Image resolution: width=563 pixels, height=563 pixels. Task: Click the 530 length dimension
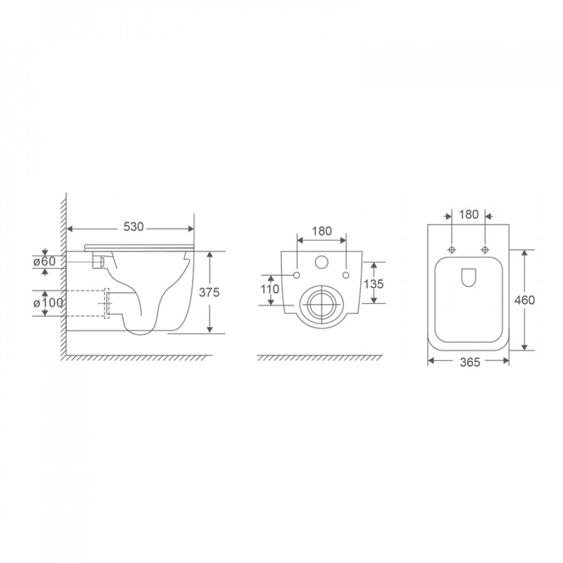coord(134,226)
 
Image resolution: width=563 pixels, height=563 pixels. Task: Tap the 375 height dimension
coord(209,293)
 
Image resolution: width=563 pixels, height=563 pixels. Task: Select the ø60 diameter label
coord(44,261)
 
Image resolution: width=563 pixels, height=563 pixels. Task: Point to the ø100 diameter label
coord(48,303)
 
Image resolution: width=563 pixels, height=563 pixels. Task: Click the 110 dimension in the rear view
coord(269,288)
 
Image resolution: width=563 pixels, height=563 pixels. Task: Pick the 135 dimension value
coord(374,284)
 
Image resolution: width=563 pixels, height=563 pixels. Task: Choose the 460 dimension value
coord(525,300)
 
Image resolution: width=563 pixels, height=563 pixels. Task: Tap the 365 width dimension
coord(470,363)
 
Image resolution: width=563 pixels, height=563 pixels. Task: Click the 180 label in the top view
coord(469,215)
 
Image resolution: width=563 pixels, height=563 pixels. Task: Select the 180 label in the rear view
coord(322,231)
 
